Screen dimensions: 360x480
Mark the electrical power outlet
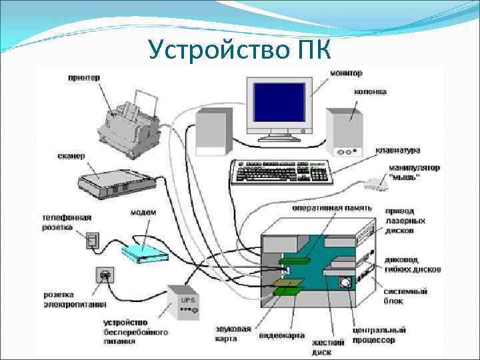tap(104, 274)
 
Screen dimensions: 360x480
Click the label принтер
tap(84, 77)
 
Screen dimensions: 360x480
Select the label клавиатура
tap(398, 151)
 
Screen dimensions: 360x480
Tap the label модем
tap(143, 213)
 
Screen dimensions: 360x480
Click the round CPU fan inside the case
tap(345, 282)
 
